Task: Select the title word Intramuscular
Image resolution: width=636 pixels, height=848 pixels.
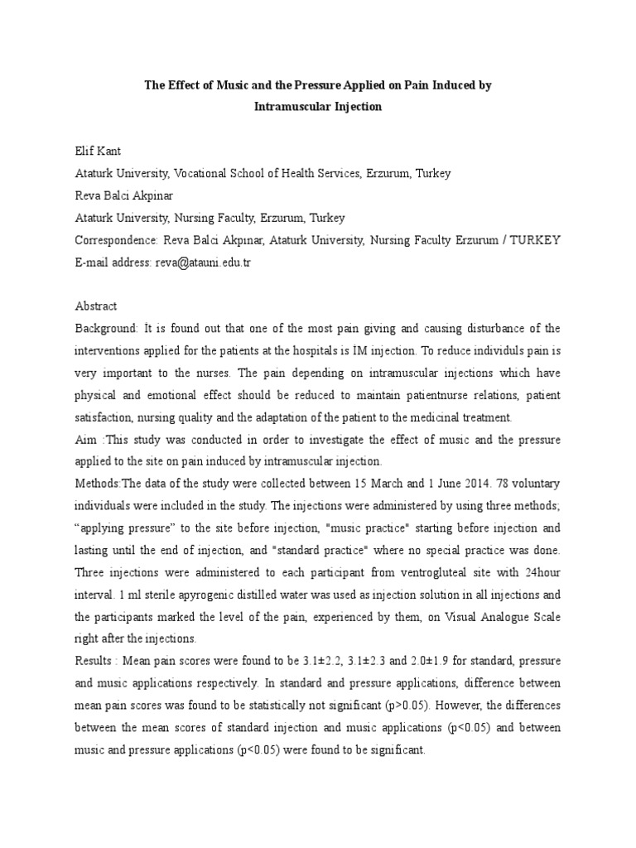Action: tap(287, 108)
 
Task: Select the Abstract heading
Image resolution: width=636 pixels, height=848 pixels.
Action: tap(96, 306)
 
